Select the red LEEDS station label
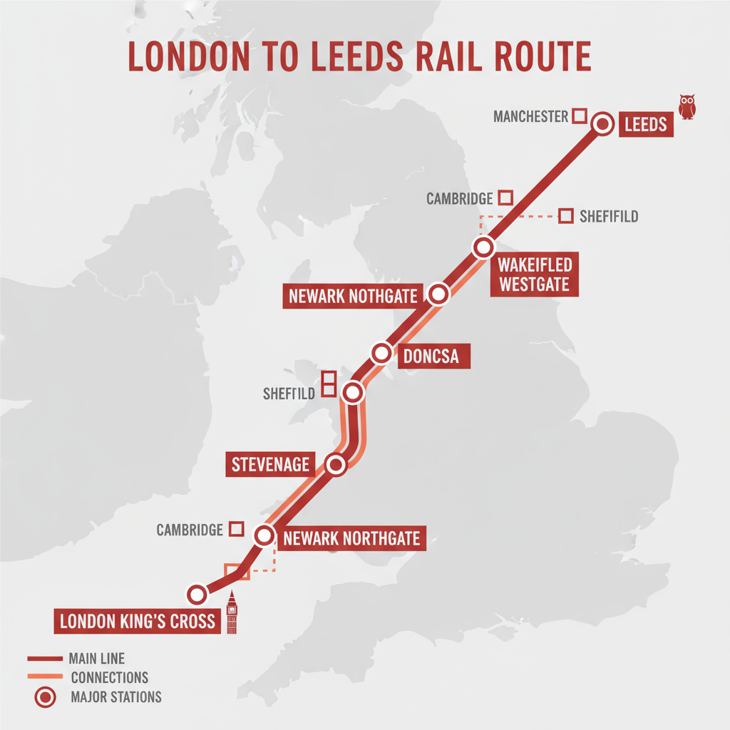[x=645, y=125]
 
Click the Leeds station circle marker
[x=603, y=124]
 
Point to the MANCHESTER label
[x=530, y=116]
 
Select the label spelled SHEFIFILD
[x=608, y=216]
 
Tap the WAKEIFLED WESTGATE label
[x=534, y=275]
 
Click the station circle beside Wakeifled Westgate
[x=483, y=248]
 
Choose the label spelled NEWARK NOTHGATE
[x=351, y=296]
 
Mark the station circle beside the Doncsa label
[x=381, y=352]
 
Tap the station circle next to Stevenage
[x=336, y=465]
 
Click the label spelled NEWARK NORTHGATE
[x=351, y=538]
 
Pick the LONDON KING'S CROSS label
[x=137, y=621]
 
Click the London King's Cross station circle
[x=196, y=593]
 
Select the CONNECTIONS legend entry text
[x=110, y=677]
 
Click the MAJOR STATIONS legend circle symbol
[x=45, y=696]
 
